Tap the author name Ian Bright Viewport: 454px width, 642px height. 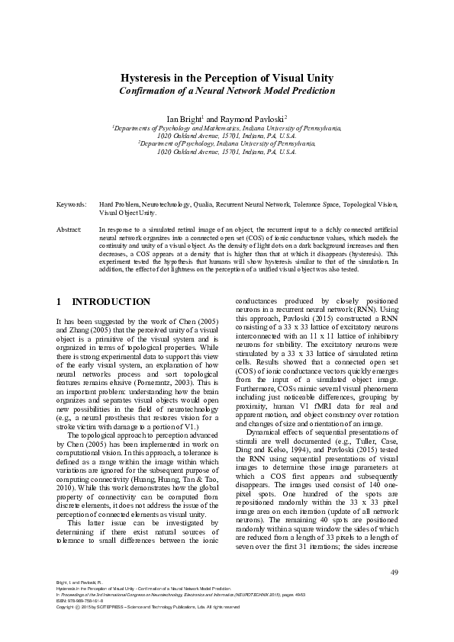pyautogui.click(x=183, y=120)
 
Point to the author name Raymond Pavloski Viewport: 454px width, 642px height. pyautogui.click(x=250, y=120)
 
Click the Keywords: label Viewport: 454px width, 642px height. pyautogui.click(x=72, y=206)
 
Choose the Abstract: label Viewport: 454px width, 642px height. pyautogui.click(x=70, y=229)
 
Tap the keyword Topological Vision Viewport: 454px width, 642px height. pyautogui.click(x=370, y=206)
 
